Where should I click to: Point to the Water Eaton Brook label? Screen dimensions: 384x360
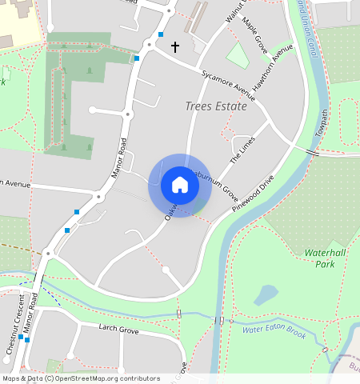274,330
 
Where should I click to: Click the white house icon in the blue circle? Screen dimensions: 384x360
180,185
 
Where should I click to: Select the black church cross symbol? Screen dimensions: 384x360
174,47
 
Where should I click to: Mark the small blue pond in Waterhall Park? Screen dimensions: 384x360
266,295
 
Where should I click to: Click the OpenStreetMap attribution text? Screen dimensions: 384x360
80,378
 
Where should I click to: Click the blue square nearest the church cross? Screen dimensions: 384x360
161,34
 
